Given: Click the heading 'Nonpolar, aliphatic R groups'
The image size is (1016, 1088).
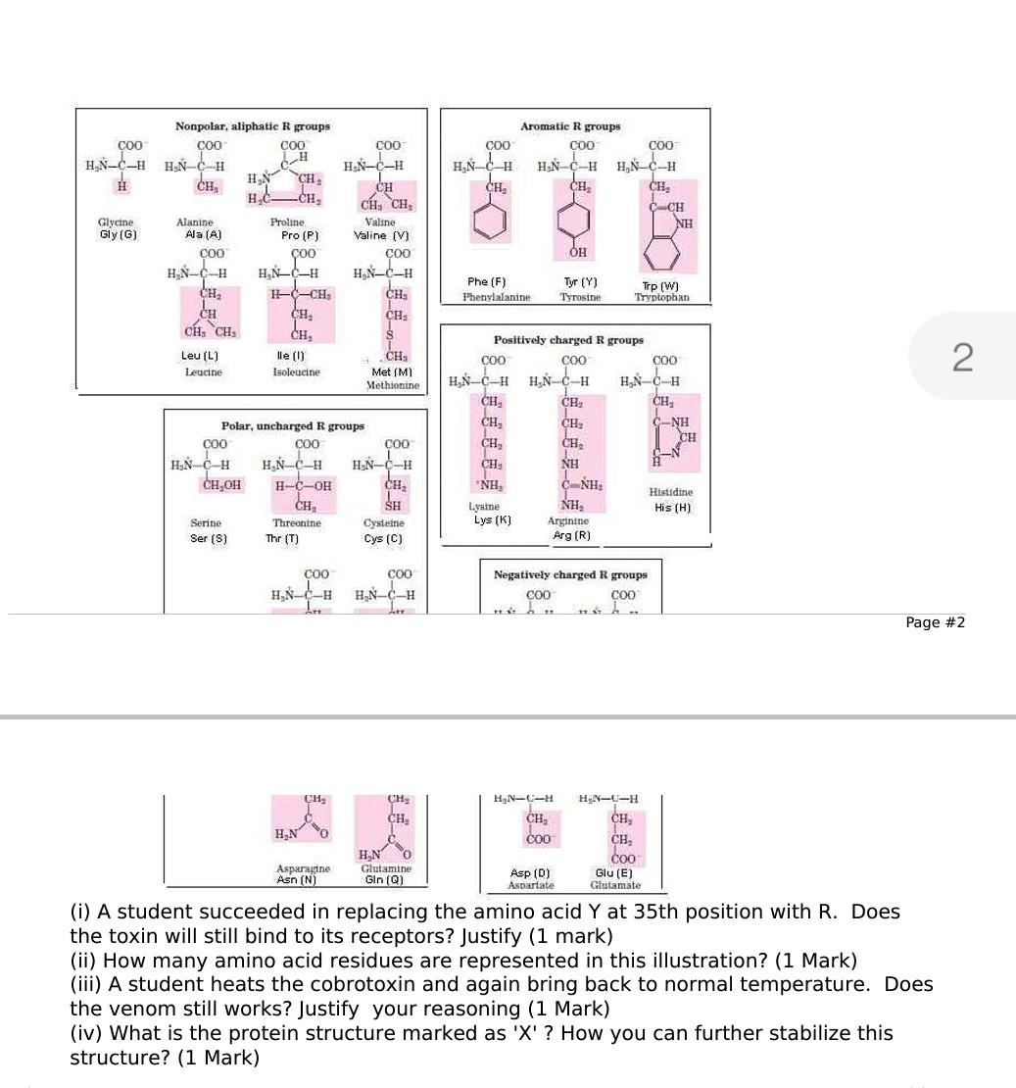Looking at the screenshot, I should point(252,126).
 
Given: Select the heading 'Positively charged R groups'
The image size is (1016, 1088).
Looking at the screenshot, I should point(568,340).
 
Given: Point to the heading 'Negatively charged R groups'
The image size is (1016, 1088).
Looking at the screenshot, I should point(569,574).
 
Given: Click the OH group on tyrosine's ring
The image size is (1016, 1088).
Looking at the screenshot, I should point(578,251).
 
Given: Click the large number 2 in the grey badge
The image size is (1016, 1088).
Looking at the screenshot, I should point(962,359).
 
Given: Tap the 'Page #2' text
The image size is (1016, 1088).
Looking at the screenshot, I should point(936,622).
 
